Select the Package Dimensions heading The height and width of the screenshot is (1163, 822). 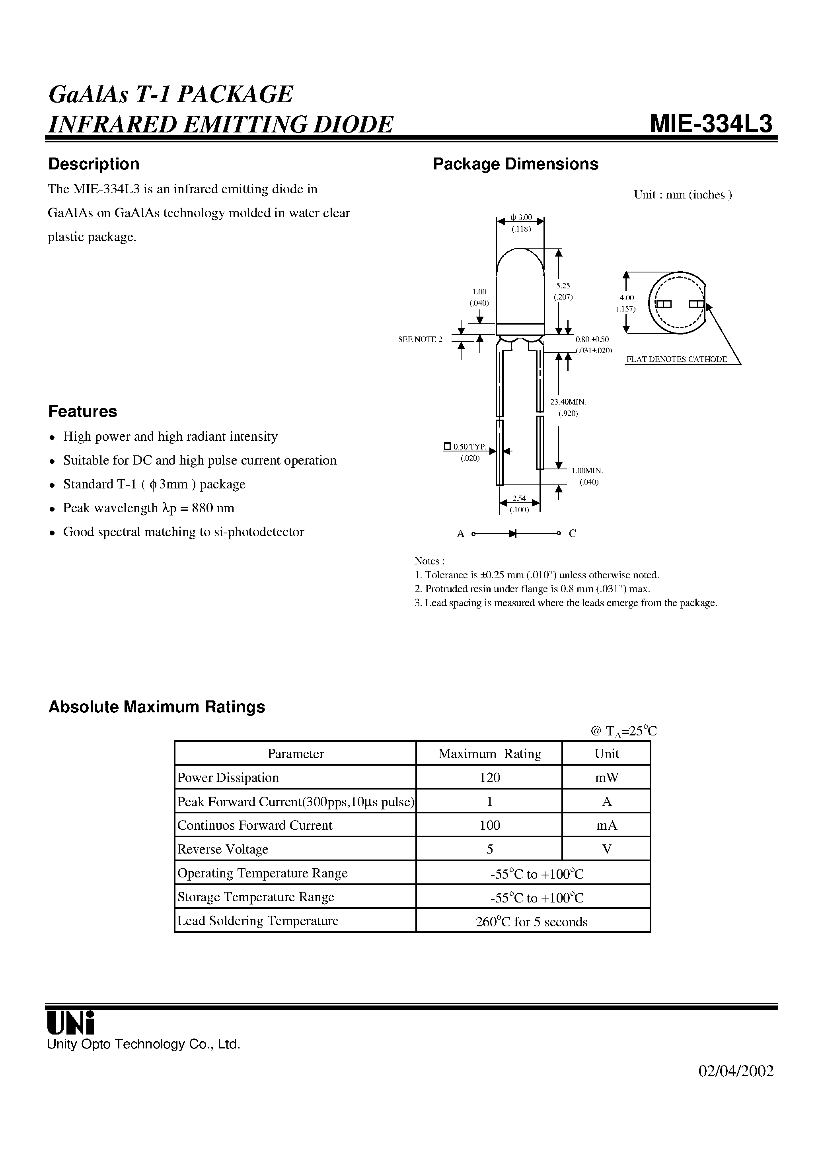515,164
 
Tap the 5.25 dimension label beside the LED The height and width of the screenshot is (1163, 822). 563,286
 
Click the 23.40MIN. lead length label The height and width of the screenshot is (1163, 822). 568,402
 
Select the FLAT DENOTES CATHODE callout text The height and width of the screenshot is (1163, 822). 676,359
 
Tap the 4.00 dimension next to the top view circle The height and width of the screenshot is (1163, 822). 626,298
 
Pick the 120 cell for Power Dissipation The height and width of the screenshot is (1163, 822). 489,778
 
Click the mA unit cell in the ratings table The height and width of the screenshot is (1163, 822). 607,825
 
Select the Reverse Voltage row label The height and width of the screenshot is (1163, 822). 222,850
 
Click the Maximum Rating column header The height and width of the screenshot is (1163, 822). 489,754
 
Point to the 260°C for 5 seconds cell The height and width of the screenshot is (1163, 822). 532,922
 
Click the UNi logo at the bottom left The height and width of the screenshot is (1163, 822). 71,1023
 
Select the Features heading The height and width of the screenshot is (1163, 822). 83,411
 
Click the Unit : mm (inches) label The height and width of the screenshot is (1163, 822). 682,194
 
